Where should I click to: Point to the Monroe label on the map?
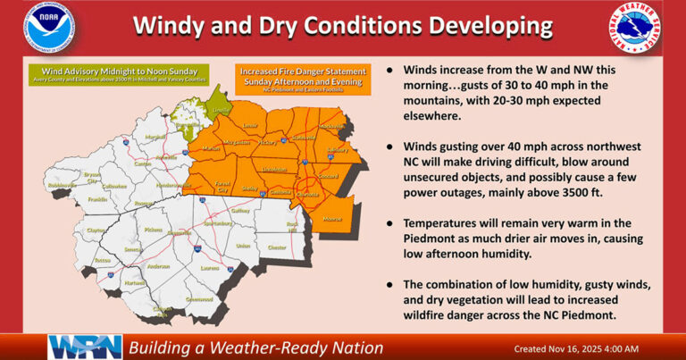(x=332, y=218)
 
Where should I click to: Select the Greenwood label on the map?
(x=200, y=298)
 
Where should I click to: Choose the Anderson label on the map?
(x=158, y=266)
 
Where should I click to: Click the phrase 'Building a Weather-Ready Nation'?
(x=255, y=347)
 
